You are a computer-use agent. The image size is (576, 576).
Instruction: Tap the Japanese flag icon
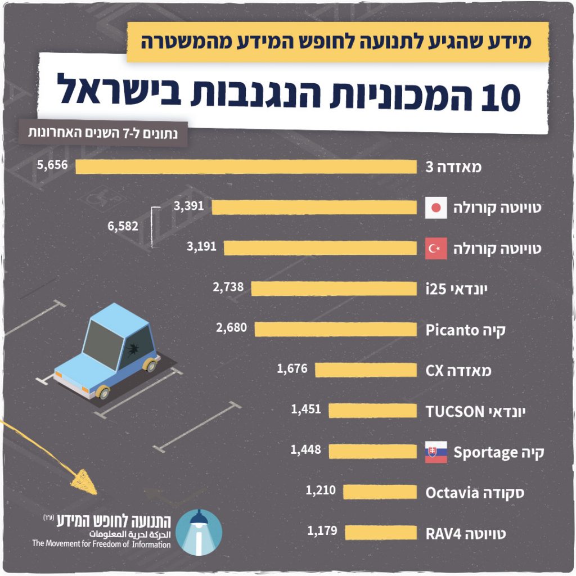pyautogui.click(x=436, y=208)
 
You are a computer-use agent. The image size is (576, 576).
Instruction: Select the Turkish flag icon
pyautogui.click(x=436, y=248)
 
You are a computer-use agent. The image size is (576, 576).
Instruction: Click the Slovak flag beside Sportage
pyautogui.click(x=436, y=452)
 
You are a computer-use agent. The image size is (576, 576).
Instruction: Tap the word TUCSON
pyautogui.click(x=454, y=412)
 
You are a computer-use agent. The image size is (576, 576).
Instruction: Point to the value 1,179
pyautogui.click(x=322, y=530)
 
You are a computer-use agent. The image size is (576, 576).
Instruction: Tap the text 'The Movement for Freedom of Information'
pyautogui.click(x=101, y=544)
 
